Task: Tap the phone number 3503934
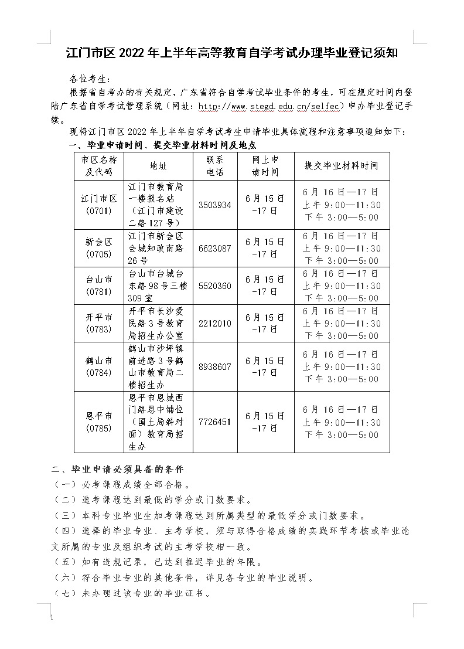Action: (x=214, y=205)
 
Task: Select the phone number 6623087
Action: (x=214, y=248)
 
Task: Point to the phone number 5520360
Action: (x=214, y=286)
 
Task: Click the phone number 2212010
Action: (x=214, y=324)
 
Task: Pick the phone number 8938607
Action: (x=214, y=366)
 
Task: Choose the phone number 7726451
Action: (x=214, y=422)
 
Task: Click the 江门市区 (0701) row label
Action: (x=100, y=205)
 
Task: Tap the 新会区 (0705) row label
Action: (x=100, y=248)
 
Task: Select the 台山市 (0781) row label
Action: (x=100, y=286)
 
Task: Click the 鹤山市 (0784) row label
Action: (x=100, y=366)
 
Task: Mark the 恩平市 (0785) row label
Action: (x=100, y=422)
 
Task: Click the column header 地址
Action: (x=158, y=166)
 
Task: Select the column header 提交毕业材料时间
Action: (x=342, y=166)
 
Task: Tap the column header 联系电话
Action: (x=214, y=166)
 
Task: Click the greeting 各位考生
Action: (x=90, y=78)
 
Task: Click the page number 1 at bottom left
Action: (x=52, y=619)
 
